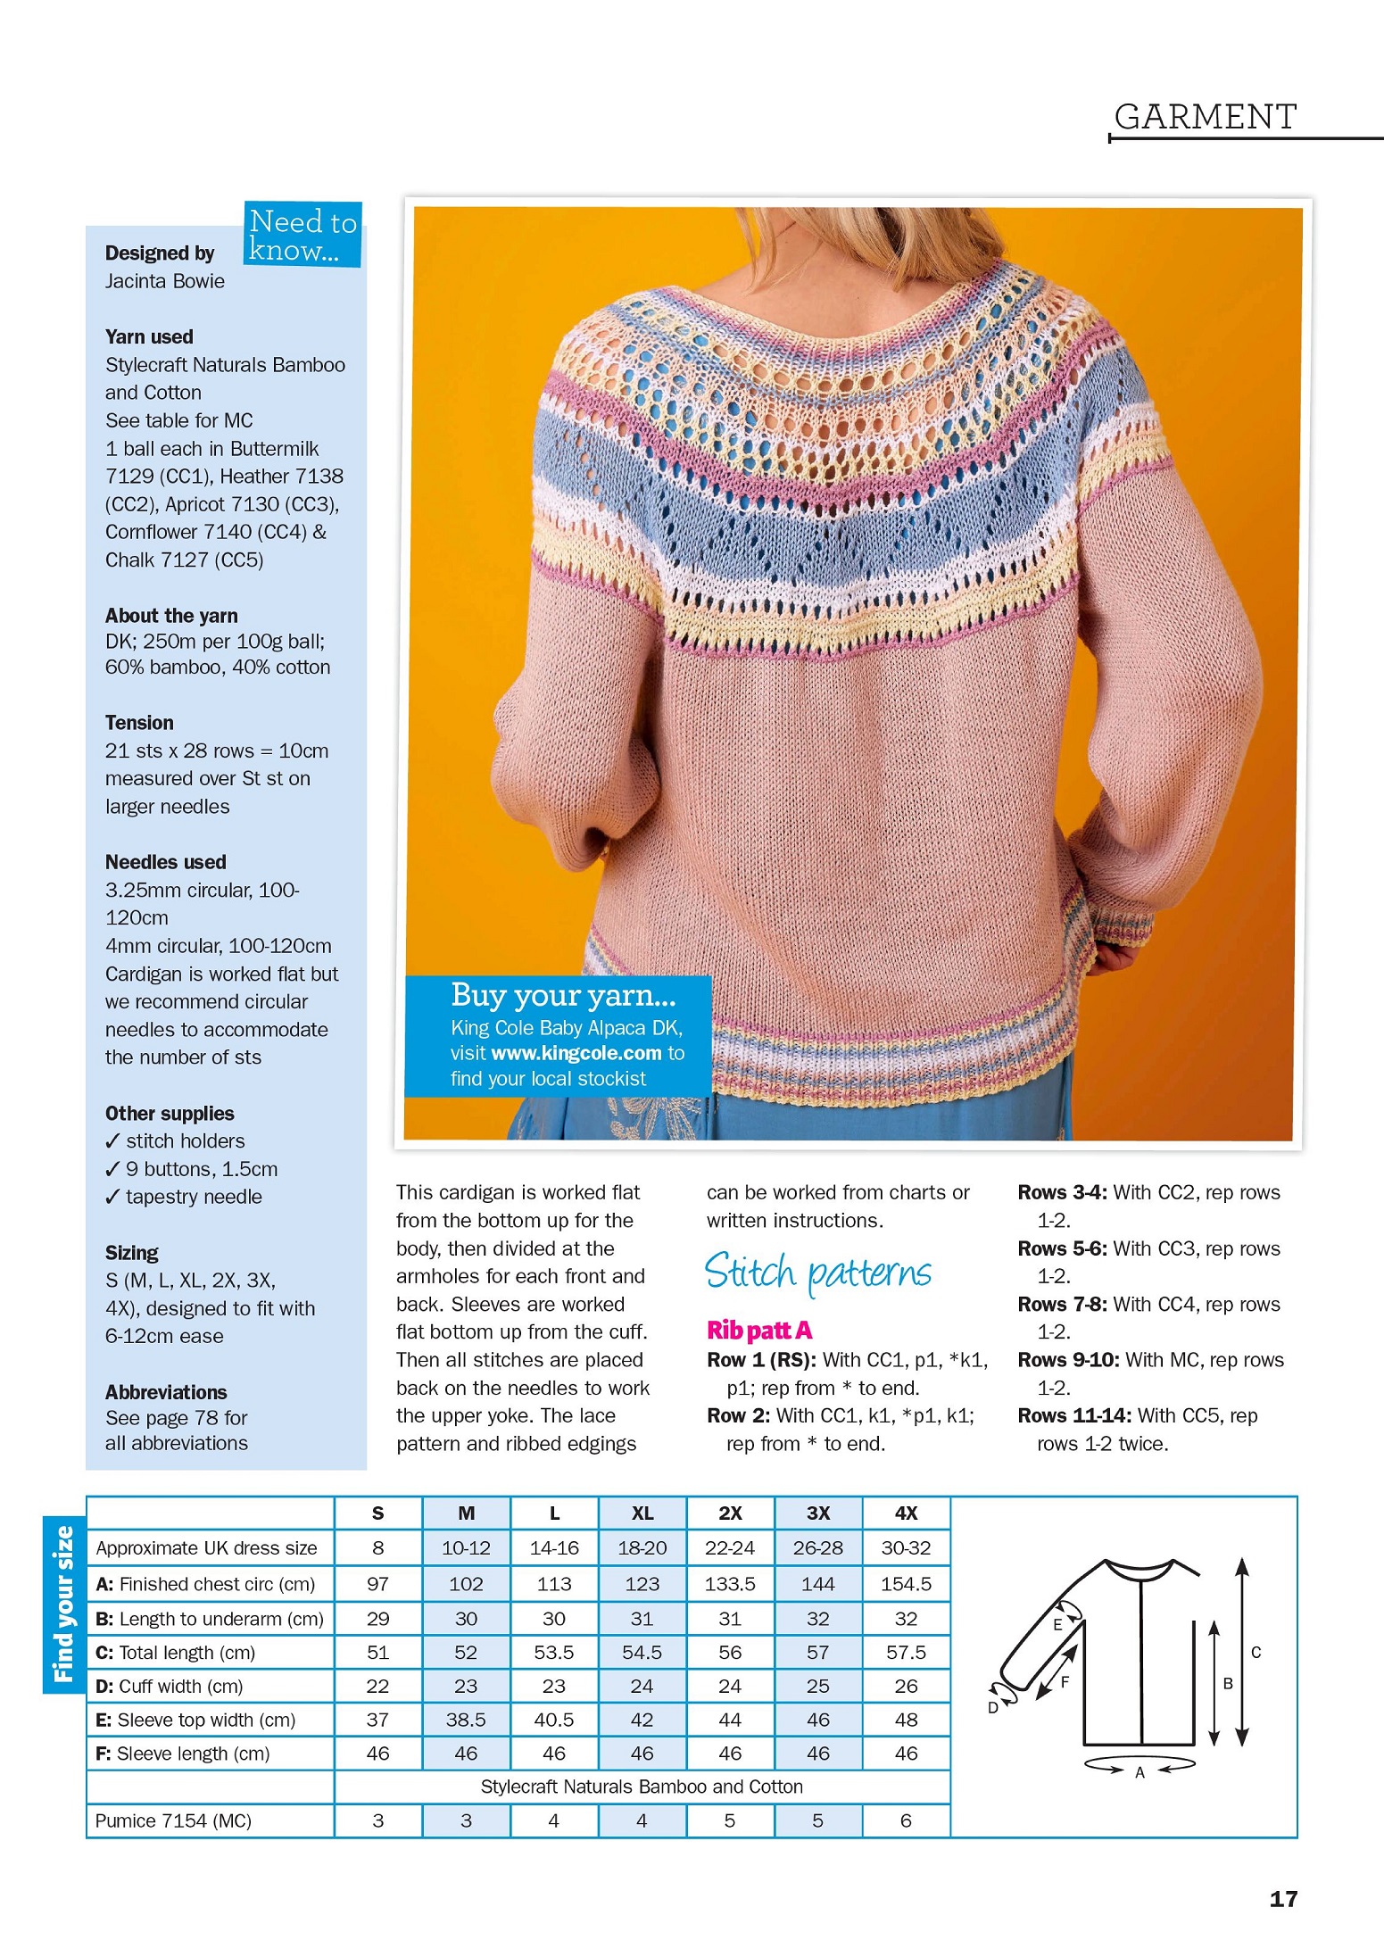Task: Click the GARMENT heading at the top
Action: pos(1205,117)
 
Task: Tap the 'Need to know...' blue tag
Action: pos(302,235)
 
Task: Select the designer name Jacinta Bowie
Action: pos(165,281)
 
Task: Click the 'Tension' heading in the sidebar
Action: pos(139,723)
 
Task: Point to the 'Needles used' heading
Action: pos(166,862)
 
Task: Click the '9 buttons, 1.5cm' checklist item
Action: pos(201,1169)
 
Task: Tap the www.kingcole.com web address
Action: pos(576,1053)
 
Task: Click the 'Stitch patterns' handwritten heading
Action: pos(817,1273)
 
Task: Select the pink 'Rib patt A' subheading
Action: pos(759,1331)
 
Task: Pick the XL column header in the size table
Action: pos(642,1513)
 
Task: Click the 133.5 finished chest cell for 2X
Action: pos(729,1584)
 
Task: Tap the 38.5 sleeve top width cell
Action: pos(466,1720)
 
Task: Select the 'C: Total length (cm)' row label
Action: pos(176,1653)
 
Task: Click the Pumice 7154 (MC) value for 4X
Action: pos(906,1820)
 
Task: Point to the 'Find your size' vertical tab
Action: pos(63,1604)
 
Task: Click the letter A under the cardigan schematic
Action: pos(1140,1772)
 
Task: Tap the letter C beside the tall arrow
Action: pos(1256,1652)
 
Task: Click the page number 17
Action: pos(1283,1899)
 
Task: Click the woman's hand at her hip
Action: pos(1117,955)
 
